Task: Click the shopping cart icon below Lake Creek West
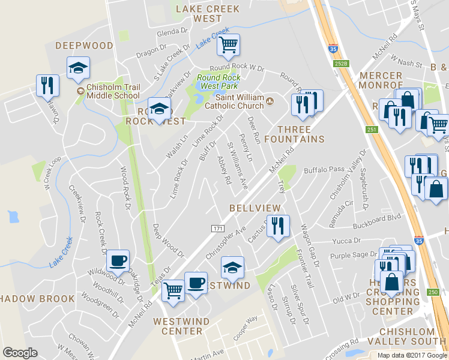pos(228,44)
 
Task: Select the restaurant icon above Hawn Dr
pos(47,85)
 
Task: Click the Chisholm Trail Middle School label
pos(113,91)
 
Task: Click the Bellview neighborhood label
pos(255,208)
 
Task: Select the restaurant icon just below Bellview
pos(278,226)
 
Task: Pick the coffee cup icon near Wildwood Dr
pos(118,260)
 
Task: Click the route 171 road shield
pos(217,229)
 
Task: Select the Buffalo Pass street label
pos(324,170)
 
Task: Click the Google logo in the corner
pos(20,353)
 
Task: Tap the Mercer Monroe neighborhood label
pos(382,80)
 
